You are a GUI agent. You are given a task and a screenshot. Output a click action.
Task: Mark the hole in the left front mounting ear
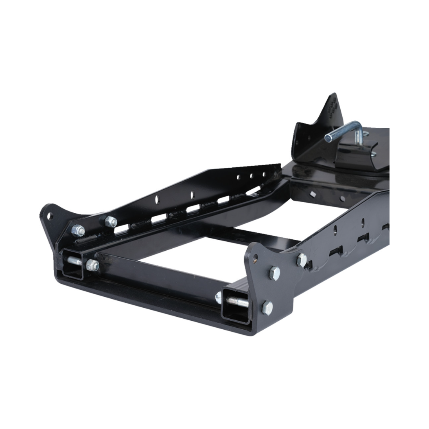click(50, 215)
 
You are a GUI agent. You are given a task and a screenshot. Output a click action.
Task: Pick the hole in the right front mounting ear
click(255, 257)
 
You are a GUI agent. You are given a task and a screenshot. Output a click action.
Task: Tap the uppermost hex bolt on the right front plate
click(302, 259)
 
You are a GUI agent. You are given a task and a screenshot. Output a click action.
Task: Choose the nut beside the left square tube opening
click(93, 265)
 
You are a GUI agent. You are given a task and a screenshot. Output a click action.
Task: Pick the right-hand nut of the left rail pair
click(110, 221)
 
